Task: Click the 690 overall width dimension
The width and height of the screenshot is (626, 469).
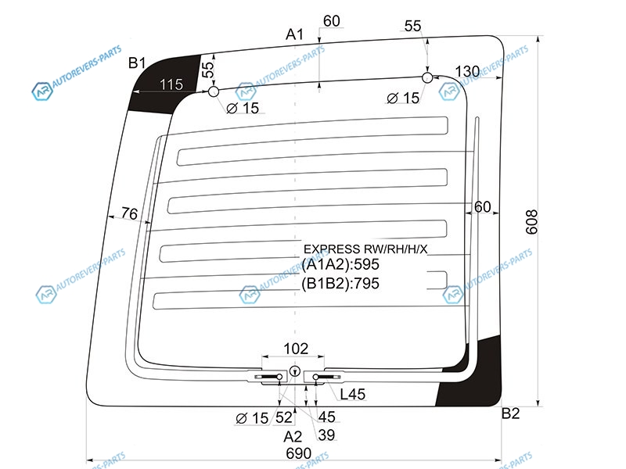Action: [x=298, y=453]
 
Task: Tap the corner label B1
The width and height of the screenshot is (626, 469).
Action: [x=138, y=63]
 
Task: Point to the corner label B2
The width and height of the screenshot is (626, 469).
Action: [x=510, y=414]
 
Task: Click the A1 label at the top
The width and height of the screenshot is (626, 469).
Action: [x=294, y=34]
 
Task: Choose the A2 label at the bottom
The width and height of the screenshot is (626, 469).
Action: [x=293, y=435]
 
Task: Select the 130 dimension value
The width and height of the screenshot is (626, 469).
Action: [x=467, y=72]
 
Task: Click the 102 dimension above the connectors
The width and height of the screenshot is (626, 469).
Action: [x=295, y=349]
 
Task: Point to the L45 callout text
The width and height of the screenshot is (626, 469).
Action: [x=351, y=396]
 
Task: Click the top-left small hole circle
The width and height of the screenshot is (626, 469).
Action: [x=213, y=92]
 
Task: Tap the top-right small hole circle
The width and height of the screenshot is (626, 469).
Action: [x=427, y=77]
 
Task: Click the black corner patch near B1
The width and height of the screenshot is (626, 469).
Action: [x=160, y=86]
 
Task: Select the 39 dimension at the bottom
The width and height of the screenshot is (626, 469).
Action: [x=323, y=435]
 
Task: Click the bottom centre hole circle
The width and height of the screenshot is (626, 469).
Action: [x=295, y=371]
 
